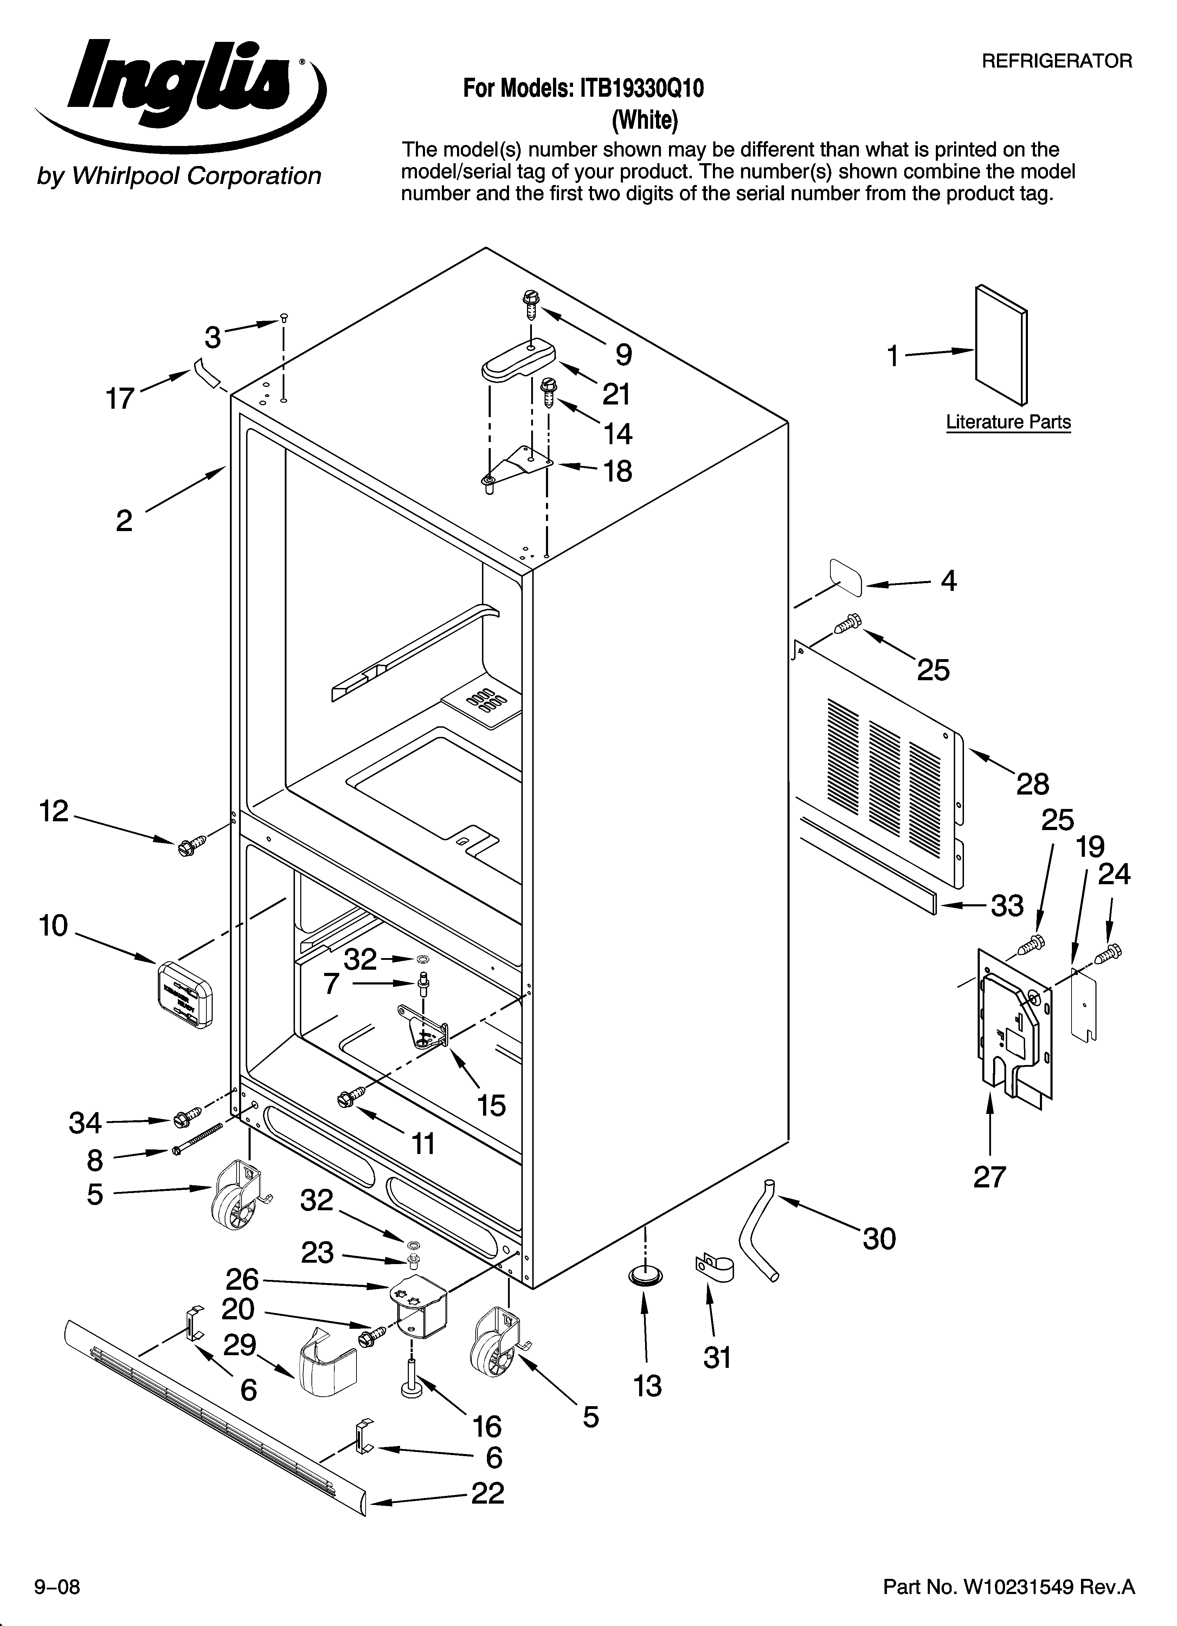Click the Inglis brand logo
[179, 93]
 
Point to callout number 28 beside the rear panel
[1032, 784]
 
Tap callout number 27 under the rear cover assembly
[989, 1177]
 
